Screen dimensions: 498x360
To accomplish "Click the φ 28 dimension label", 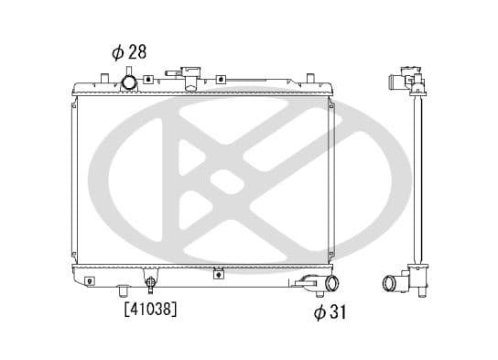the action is pyautogui.click(x=129, y=52).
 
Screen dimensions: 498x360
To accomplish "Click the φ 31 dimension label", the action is pyautogui.click(x=330, y=311).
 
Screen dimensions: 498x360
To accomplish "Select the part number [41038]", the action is pyautogui.click(x=150, y=309).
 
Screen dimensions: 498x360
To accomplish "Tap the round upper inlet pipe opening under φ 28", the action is pyautogui.click(x=129, y=82).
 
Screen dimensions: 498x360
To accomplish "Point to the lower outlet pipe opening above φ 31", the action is pyautogui.click(x=332, y=283).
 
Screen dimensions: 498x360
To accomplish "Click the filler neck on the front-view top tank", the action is pyautogui.click(x=190, y=79).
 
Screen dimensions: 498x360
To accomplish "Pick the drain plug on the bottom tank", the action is pyautogui.click(x=150, y=284).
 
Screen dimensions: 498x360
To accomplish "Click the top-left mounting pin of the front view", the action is pyautogui.click(x=104, y=78).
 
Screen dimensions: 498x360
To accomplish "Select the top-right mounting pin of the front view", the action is pyautogui.click(x=310, y=78).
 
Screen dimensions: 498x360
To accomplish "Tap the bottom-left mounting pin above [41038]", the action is pyautogui.click(x=124, y=289).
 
